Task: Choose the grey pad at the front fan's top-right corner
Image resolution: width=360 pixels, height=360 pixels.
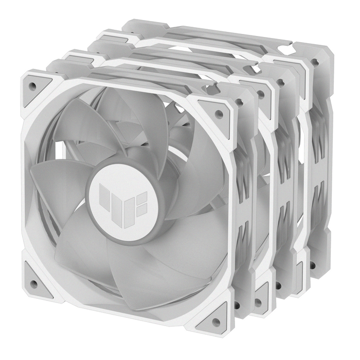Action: pos(217,109)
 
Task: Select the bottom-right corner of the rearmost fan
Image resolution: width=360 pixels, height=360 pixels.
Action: pos(324,267)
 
